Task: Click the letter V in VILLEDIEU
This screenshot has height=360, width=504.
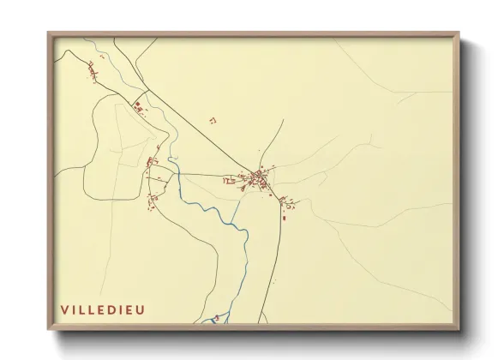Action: point(63,309)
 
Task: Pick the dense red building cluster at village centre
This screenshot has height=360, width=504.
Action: point(258,179)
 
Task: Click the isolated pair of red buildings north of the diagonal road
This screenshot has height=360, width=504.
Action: point(213,121)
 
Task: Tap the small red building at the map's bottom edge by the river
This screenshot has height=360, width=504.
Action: point(216,318)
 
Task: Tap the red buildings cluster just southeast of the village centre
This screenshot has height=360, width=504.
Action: point(288,203)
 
